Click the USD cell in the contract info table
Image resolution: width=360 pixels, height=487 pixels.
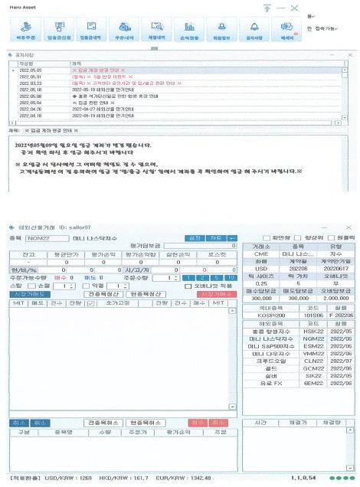click(260, 268)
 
